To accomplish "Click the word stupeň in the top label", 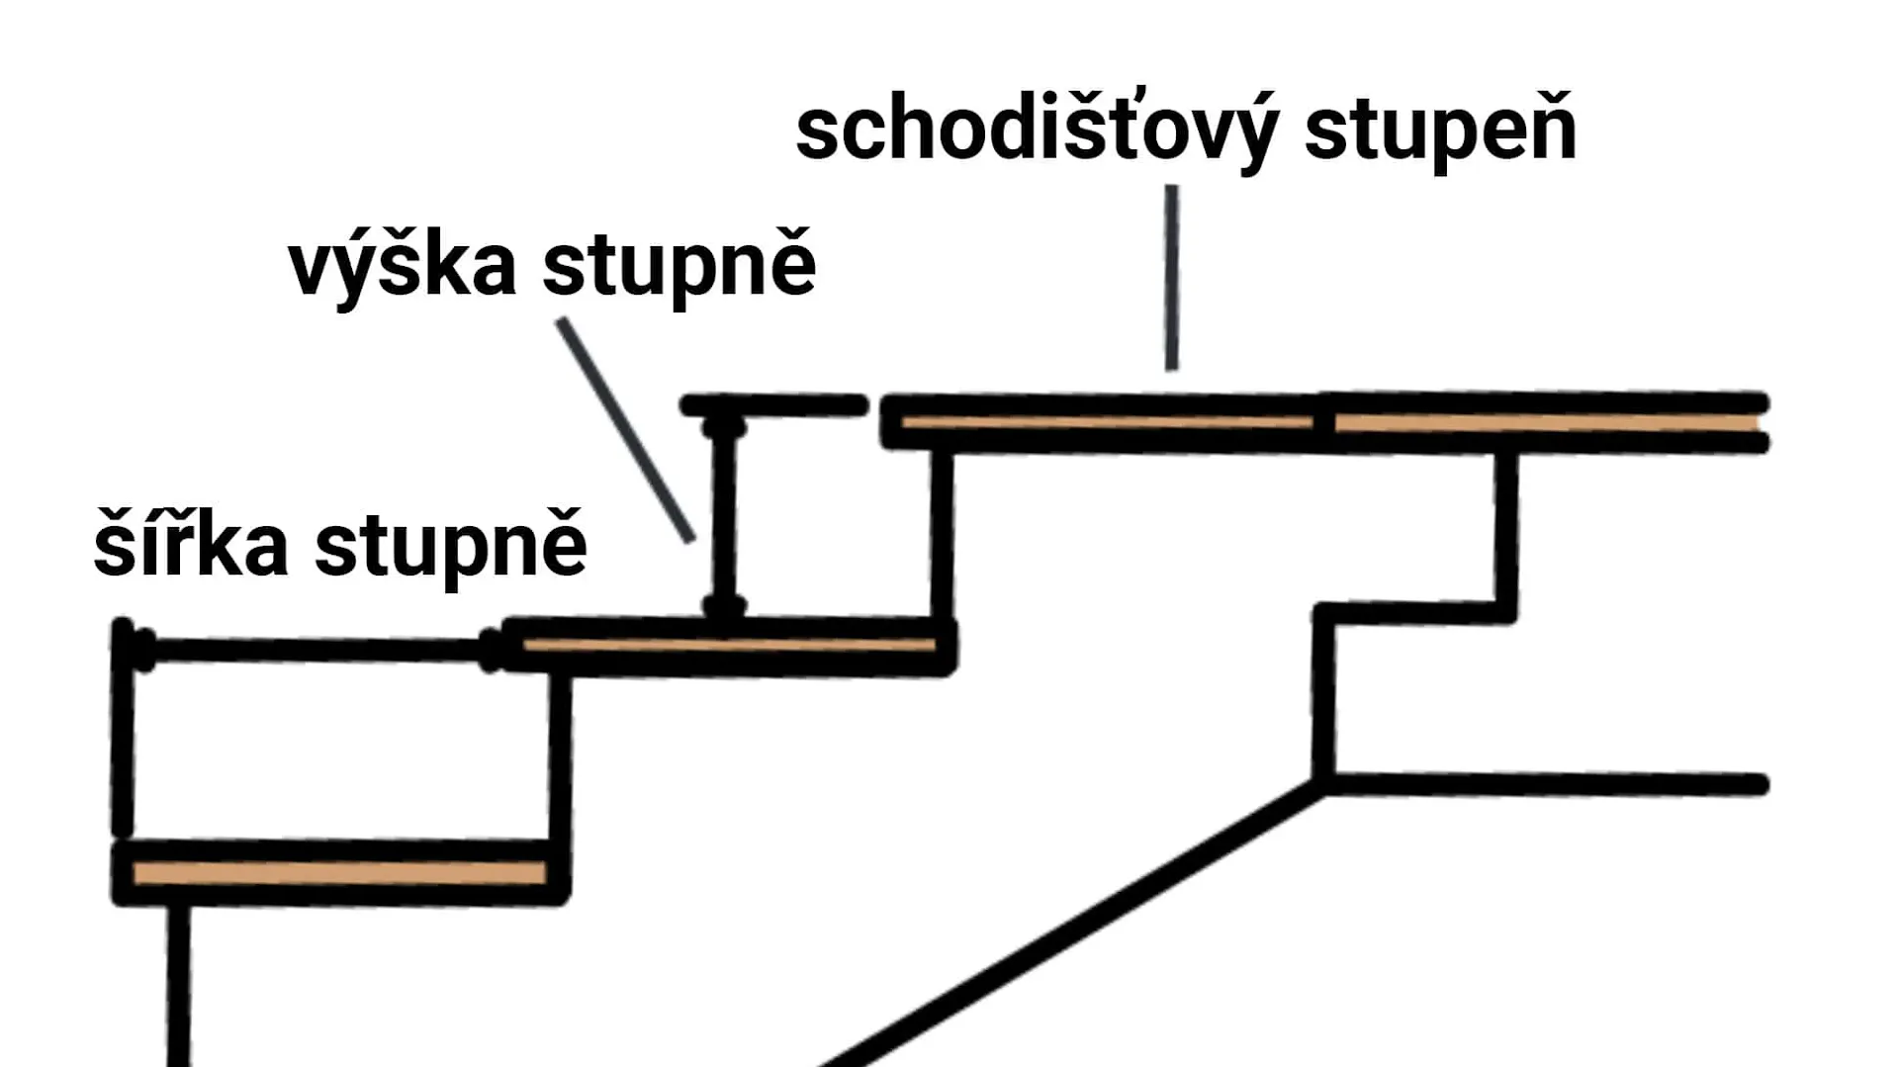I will point(1440,131).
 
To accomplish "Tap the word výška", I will point(402,265).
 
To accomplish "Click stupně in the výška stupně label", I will point(678,265).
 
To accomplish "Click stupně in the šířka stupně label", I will point(450,545).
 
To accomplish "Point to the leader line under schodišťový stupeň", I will point(1171,277).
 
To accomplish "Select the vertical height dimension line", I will point(724,514).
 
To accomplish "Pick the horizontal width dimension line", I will point(316,651).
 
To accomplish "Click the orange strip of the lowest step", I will point(339,873).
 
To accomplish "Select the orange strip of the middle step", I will point(729,646).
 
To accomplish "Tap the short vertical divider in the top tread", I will point(1323,423).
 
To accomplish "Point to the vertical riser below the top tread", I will point(943,534).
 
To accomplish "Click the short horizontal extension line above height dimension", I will point(773,404).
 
